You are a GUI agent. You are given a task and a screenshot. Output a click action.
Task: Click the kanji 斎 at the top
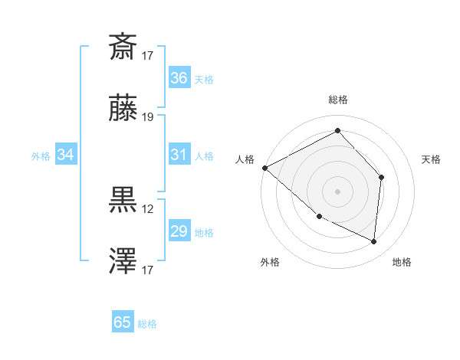123,47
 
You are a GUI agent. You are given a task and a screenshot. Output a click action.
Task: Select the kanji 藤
123,109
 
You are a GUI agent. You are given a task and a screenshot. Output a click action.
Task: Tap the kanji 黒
123,200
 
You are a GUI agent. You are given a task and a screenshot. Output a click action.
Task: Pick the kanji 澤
123,261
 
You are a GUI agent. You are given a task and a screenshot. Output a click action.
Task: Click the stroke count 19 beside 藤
148,117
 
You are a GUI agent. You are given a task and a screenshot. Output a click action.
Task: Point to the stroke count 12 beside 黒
148,208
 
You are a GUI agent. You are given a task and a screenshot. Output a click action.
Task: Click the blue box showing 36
179,77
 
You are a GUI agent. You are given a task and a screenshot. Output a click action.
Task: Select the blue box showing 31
179,155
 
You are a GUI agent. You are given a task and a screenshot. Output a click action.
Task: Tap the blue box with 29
179,231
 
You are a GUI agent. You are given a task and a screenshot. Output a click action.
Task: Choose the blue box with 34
66,155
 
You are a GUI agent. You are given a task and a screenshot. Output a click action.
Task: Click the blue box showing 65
123,322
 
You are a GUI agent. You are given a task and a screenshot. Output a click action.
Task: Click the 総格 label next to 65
148,324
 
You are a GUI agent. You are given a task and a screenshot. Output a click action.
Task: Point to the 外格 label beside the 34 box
41,156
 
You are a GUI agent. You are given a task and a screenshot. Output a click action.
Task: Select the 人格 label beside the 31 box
204,156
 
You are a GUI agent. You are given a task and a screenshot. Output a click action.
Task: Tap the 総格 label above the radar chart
337,100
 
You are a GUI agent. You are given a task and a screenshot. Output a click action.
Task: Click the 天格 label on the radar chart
432,159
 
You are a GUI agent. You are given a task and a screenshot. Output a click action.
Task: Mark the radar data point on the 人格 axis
264,168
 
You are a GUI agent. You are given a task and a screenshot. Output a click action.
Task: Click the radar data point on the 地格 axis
374,242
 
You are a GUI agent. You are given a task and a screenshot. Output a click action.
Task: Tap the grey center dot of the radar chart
337,191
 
